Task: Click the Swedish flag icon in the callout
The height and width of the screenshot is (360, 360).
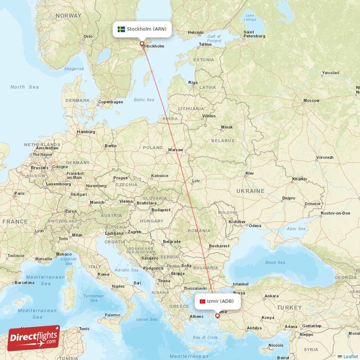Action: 121,29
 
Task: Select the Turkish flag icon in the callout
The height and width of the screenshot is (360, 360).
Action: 202,301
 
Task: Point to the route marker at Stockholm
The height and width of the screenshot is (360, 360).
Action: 142,44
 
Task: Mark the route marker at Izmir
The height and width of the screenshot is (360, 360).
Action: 217,316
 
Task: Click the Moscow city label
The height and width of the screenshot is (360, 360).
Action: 311,100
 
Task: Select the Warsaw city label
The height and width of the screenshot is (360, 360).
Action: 175,150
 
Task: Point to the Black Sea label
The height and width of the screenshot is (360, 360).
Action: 275,262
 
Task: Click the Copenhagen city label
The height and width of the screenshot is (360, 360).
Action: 111,102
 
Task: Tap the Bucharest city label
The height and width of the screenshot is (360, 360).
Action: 219,246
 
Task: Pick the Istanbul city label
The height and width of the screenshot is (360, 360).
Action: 240,284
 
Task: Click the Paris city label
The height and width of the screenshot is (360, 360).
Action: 19,193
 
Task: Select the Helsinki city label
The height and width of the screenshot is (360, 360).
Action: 196,32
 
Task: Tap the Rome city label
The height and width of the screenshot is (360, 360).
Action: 103,274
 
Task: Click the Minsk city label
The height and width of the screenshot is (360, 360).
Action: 227,127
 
